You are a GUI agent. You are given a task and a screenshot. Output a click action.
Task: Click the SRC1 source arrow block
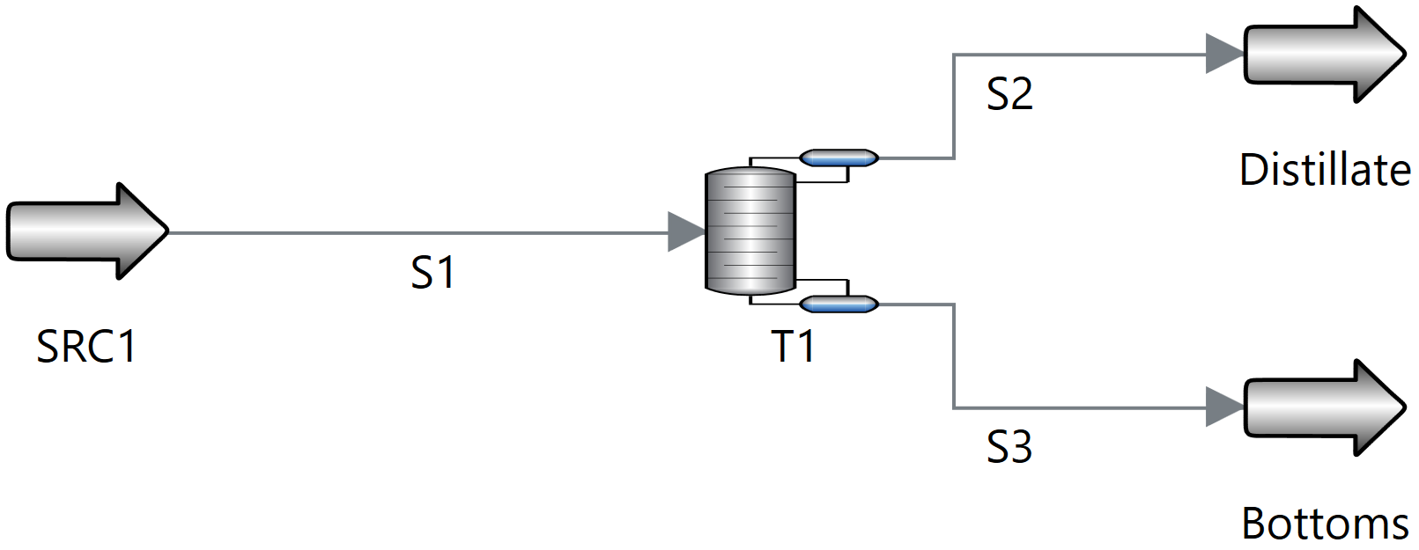point(84,231)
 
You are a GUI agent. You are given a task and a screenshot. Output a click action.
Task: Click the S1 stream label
point(432,273)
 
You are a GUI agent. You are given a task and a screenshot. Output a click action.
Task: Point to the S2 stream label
point(1009,94)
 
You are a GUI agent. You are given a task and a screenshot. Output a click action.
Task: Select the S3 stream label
point(1009,447)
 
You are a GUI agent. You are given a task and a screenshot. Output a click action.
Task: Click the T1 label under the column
point(793,347)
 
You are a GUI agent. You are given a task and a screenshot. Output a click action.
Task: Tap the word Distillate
point(1325,170)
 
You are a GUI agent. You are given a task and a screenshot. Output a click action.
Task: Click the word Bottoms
point(1325,524)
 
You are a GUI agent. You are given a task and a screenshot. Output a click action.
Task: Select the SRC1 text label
point(86,347)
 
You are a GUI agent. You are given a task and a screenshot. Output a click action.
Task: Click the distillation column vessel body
point(750,231)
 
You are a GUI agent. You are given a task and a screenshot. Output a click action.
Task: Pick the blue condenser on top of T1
point(839,158)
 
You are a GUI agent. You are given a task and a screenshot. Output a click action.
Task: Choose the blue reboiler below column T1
point(839,304)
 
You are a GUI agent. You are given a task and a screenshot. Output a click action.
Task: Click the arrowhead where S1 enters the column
point(686,231)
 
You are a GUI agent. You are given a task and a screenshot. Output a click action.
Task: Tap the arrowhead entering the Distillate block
point(1223,55)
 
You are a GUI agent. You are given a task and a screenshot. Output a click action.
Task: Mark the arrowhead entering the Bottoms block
point(1223,407)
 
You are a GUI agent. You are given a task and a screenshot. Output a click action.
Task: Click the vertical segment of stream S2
point(954,106)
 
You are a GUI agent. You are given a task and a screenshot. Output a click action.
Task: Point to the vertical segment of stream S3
point(954,356)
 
